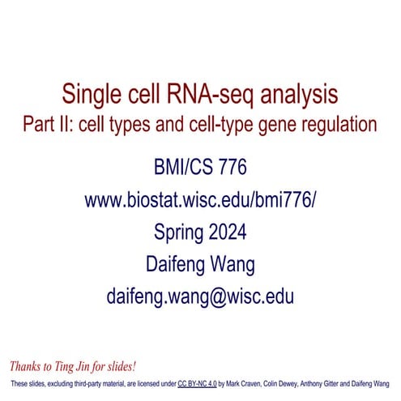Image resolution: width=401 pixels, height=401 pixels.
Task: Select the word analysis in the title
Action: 313,98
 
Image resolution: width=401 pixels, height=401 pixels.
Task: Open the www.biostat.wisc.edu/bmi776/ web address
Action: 199,200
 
